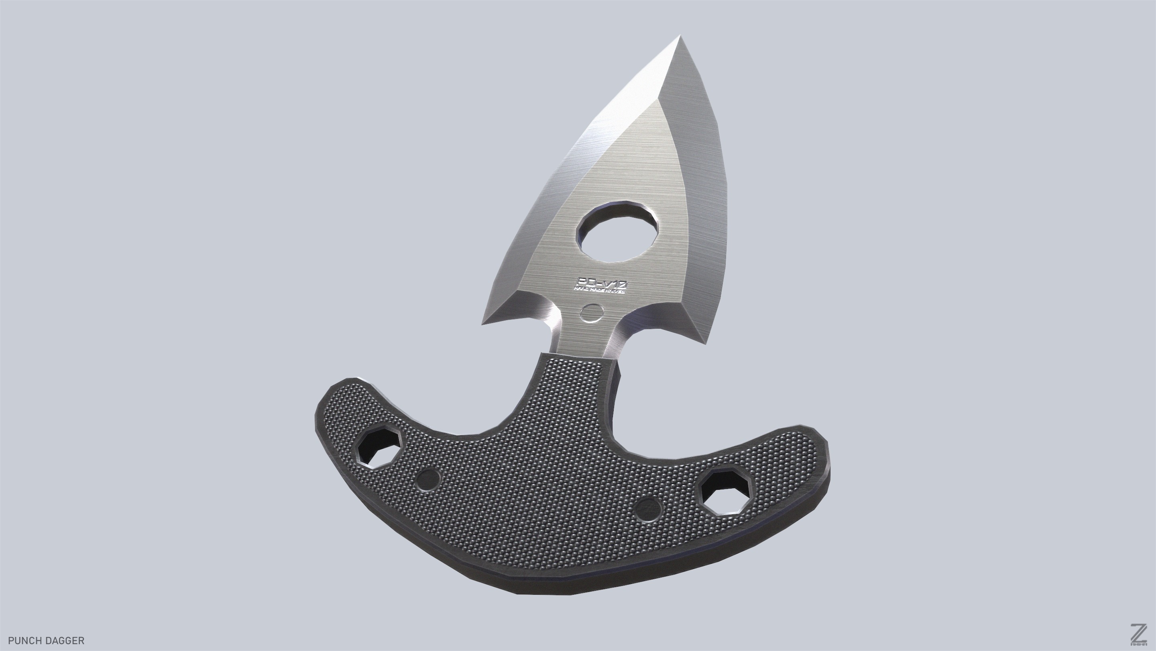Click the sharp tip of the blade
pyautogui.click(x=680, y=37)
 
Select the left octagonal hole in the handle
pyautogui.click(x=379, y=448)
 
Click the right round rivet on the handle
pyautogui.click(x=649, y=509)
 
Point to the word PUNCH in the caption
pyautogui.click(x=24, y=640)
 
